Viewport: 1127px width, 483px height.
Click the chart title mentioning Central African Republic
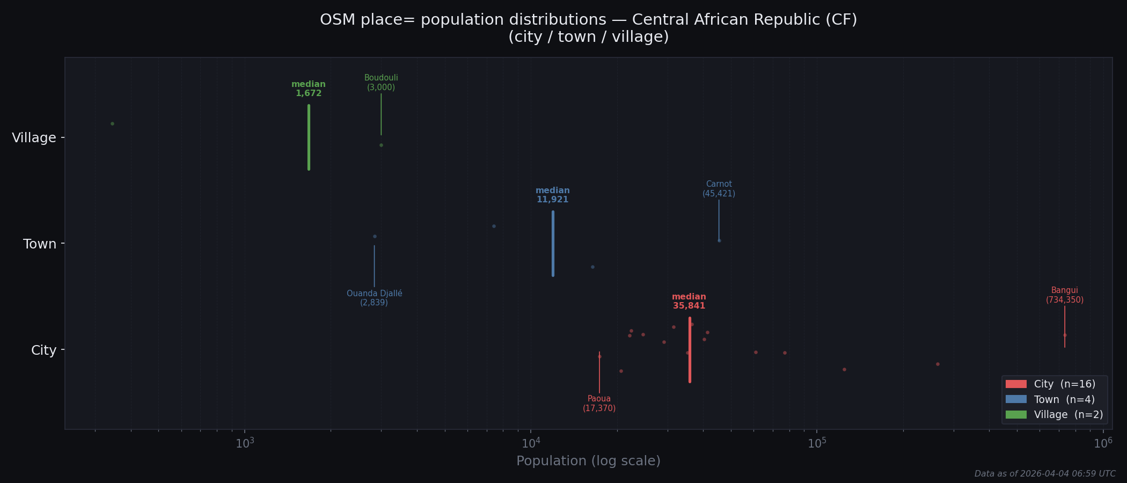(x=588, y=28)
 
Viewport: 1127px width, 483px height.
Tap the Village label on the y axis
(x=34, y=138)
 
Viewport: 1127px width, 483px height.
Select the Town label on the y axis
(x=40, y=244)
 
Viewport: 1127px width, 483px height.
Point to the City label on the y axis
(x=43, y=350)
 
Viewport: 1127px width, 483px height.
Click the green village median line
(x=309, y=137)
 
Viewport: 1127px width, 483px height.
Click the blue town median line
(x=553, y=244)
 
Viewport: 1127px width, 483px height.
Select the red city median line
(x=690, y=350)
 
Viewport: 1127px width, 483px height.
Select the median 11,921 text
(x=552, y=195)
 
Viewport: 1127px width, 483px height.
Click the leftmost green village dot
(x=112, y=123)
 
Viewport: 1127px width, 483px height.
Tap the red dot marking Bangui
(x=1065, y=335)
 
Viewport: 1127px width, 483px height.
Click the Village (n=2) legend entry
(x=1054, y=415)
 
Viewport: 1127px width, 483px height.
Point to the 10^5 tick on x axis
(x=817, y=443)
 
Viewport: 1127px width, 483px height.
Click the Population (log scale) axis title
(x=588, y=461)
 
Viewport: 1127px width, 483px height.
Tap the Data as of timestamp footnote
(x=1045, y=474)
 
